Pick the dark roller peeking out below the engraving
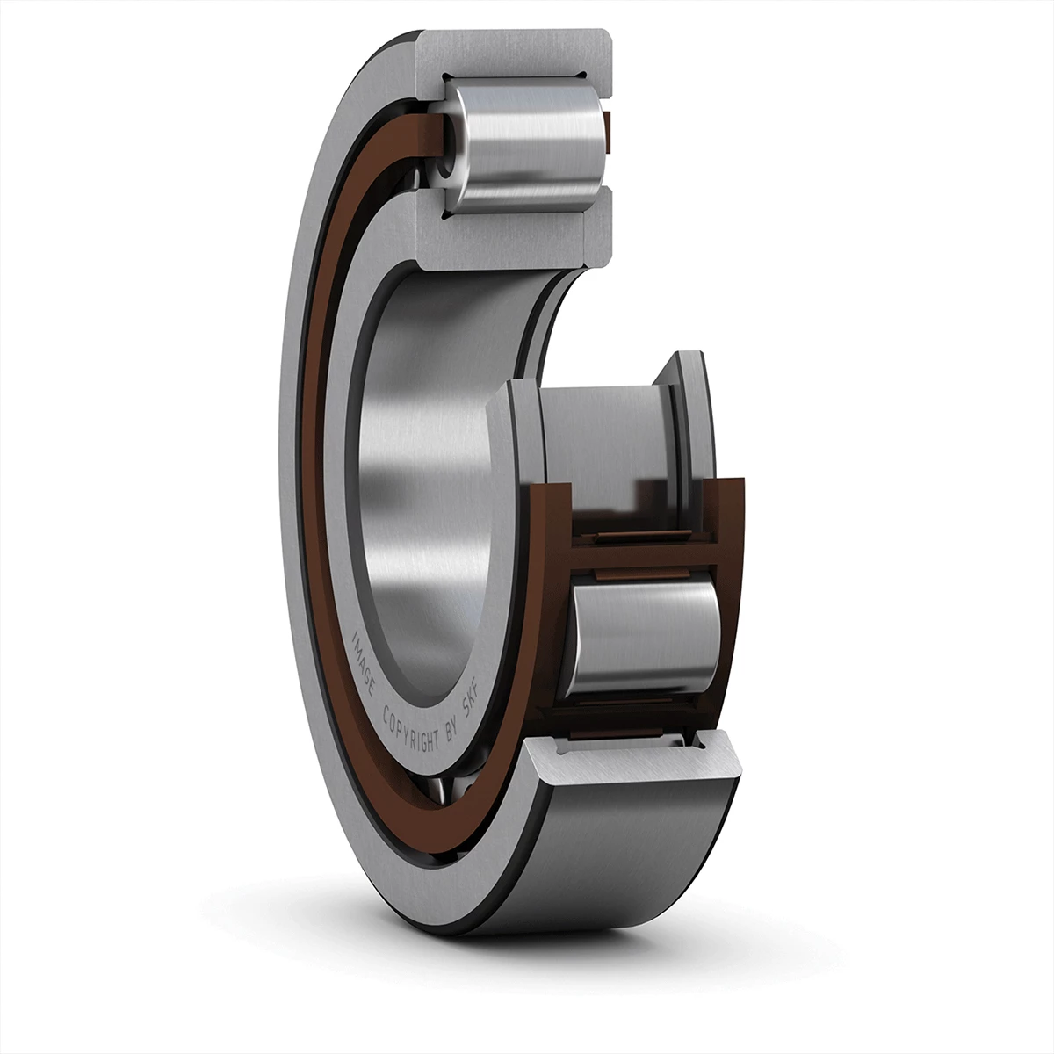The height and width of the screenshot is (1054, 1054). (444, 782)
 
